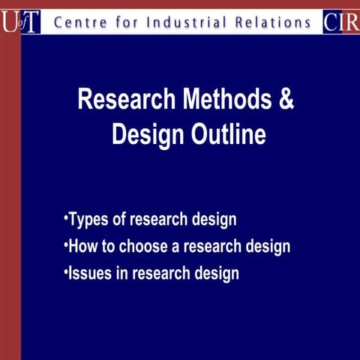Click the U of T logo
pyautogui.click(x=20, y=22)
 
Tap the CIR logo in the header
pyautogui.click(x=341, y=22)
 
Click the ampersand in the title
pyautogui.click(x=286, y=100)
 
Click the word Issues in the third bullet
pyautogui.click(x=89, y=273)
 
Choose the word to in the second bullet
pyautogui.click(x=109, y=246)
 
